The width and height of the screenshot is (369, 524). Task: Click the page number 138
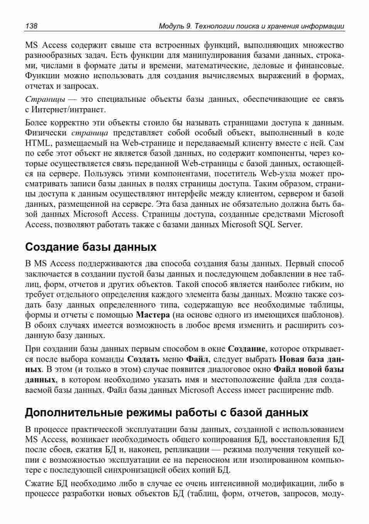click(31, 26)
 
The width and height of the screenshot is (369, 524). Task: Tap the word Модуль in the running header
click(171, 26)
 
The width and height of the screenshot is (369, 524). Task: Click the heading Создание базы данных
click(91, 247)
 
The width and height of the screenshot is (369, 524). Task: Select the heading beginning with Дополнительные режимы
click(166, 412)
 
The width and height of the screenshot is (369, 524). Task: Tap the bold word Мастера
click(153, 314)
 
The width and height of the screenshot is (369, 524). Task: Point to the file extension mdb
click(324, 390)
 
